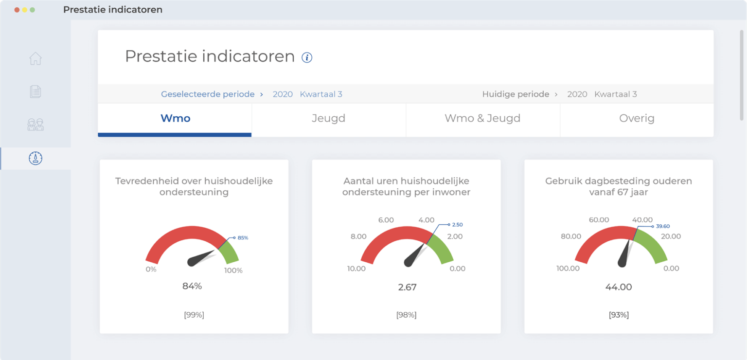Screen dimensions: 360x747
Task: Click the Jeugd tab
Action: pyautogui.click(x=328, y=118)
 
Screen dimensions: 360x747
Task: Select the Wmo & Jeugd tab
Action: pyautogui.click(x=482, y=118)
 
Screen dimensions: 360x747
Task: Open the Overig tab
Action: pyautogui.click(x=637, y=118)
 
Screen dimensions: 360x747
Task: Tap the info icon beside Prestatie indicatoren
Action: pyautogui.click(x=307, y=57)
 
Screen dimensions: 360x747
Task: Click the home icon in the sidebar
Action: pyautogui.click(x=36, y=59)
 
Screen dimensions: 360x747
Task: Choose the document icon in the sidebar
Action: pyautogui.click(x=36, y=91)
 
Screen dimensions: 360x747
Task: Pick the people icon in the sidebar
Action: pyautogui.click(x=36, y=125)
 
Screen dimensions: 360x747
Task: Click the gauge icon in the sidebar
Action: pyautogui.click(x=36, y=158)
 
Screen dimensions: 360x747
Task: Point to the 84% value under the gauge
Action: pyautogui.click(x=192, y=286)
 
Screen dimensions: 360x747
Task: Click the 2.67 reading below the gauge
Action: pyautogui.click(x=407, y=287)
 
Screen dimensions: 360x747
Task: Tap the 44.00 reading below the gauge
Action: pyautogui.click(x=619, y=287)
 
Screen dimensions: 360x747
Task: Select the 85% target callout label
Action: pyautogui.click(x=243, y=238)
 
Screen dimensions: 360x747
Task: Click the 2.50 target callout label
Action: pyautogui.click(x=457, y=225)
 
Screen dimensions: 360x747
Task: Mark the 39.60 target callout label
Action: pyautogui.click(x=663, y=226)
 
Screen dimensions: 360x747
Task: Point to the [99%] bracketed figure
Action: pyautogui.click(x=194, y=315)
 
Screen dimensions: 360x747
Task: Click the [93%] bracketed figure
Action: pyautogui.click(x=619, y=315)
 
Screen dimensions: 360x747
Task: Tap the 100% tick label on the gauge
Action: pyautogui.click(x=233, y=270)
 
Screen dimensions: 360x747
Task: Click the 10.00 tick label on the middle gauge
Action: pyautogui.click(x=356, y=269)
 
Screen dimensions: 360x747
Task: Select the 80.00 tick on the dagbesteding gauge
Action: pyautogui.click(x=571, y=236)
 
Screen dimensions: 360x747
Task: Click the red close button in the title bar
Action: pyautogui.click(x=17, y=10)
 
